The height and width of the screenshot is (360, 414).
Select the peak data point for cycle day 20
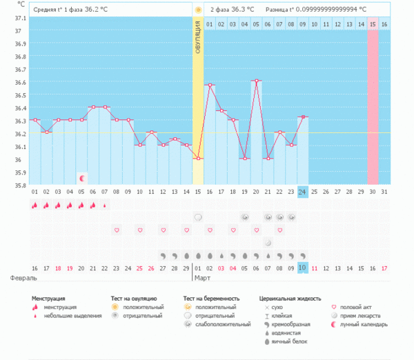coord(256,81)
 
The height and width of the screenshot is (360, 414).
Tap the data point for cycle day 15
coord(198,158)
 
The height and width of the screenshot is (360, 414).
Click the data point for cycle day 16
coord(210,85)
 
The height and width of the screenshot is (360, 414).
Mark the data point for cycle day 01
coord(34,120)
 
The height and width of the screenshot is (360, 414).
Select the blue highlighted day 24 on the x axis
coord(303,191)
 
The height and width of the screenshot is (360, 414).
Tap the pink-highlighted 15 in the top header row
coord(373,24)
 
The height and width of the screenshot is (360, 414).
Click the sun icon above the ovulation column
coord(198,10)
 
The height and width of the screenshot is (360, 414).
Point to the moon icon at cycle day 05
coord(81,178)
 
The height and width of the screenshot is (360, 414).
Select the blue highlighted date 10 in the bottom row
coord(303,268)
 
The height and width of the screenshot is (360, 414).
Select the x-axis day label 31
coord(384,191)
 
